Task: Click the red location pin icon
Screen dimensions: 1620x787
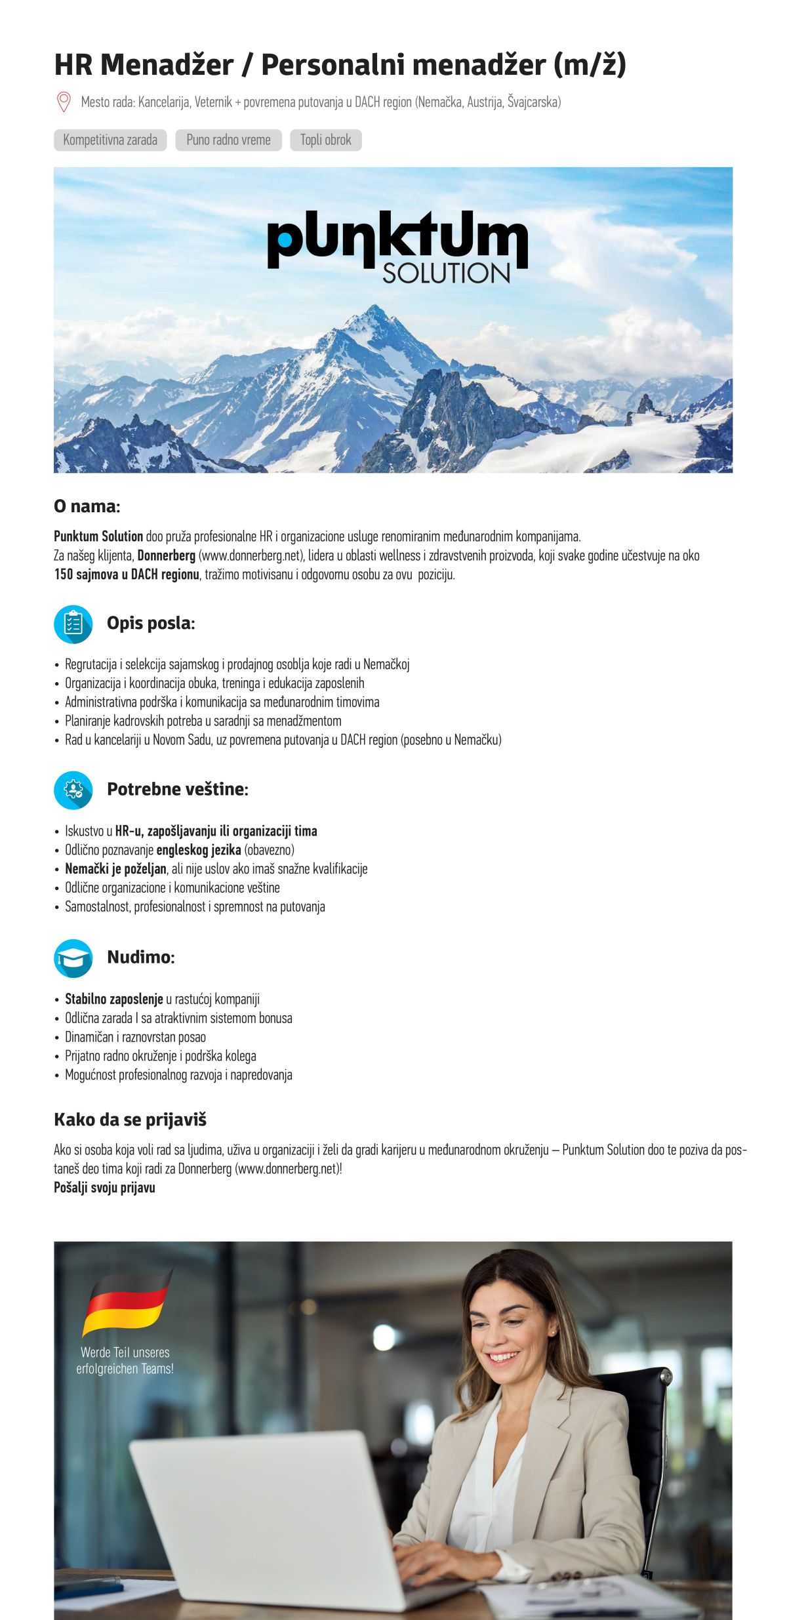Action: point(64,102)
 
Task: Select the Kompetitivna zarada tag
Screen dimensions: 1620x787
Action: point(110,140)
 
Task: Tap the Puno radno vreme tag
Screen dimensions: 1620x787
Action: point(228,140)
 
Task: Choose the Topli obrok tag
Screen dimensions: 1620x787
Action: point(326,140)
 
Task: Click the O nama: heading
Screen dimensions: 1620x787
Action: point(87,506)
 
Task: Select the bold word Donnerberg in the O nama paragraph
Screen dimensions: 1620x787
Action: point(167,556)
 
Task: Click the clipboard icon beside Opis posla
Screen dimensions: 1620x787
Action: point(73,624)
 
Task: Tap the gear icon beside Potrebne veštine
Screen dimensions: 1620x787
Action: point(73,790)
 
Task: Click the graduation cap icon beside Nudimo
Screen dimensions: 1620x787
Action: point(73,958)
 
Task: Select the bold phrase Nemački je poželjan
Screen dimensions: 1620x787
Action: point(115,869)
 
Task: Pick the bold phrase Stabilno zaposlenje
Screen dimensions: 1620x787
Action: point(113,1000)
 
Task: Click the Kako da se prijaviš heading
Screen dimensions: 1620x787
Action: point(130,1120)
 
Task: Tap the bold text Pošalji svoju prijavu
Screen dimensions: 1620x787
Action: point(104,1188)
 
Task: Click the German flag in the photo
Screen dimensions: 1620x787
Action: point(126,1302)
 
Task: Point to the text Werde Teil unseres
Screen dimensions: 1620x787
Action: point(125,1352)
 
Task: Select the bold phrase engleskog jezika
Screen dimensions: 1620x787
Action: point(199,850)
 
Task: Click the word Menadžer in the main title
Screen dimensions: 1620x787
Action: point(167,65)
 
